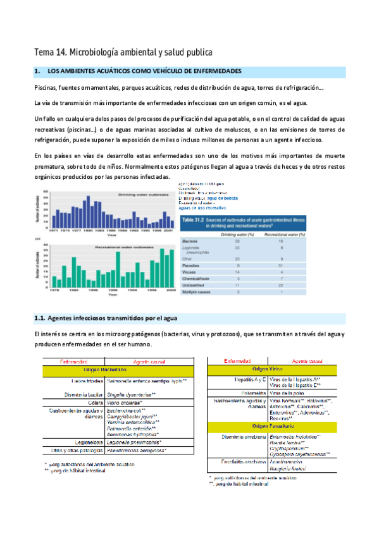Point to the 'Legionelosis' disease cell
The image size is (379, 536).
(x=88, y=441)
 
